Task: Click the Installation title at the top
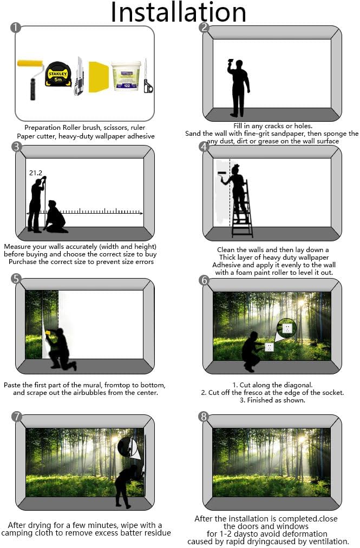click(179, 12)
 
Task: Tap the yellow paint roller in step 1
click(31, 77)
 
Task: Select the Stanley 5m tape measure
click(58, 75)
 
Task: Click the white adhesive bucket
click(126, 76)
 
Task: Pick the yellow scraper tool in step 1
click(99, 76)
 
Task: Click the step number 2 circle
click(204, 27)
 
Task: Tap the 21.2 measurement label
click(36, 173)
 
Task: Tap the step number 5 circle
click(16, 279)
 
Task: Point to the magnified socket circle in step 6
click(286, 328)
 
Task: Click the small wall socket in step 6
click(269, 347)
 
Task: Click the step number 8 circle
click(204, 417)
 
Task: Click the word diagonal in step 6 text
click(297, 385)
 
